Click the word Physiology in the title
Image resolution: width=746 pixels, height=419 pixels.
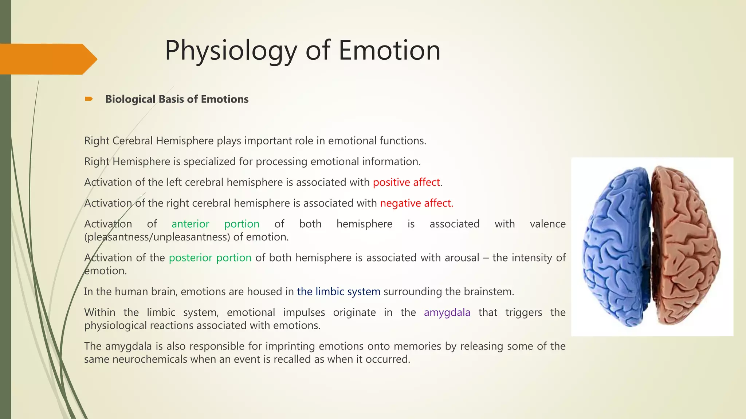(x=231, y=51)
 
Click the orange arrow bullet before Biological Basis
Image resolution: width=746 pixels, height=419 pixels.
(x=89, y=99)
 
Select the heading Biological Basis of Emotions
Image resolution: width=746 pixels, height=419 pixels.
(x=177, y=99)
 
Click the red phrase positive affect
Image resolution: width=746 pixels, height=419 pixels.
(x=406, y=182)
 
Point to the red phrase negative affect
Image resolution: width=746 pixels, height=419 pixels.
(x=416, y=203)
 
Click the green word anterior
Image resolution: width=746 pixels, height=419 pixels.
(x=190, y=224)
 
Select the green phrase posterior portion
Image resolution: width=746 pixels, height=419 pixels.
(x=210, y=258)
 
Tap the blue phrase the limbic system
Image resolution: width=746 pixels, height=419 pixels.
(x=338, y=292)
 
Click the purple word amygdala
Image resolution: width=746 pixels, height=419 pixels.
(x=447, y=312)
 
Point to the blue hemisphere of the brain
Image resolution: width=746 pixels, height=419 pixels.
(x=616, y=247)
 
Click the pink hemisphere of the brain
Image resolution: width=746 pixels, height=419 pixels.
(x=685, y=247)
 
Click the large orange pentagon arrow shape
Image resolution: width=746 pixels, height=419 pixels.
(x=47, y=59)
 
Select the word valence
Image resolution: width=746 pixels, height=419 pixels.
(x=547, y=224)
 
